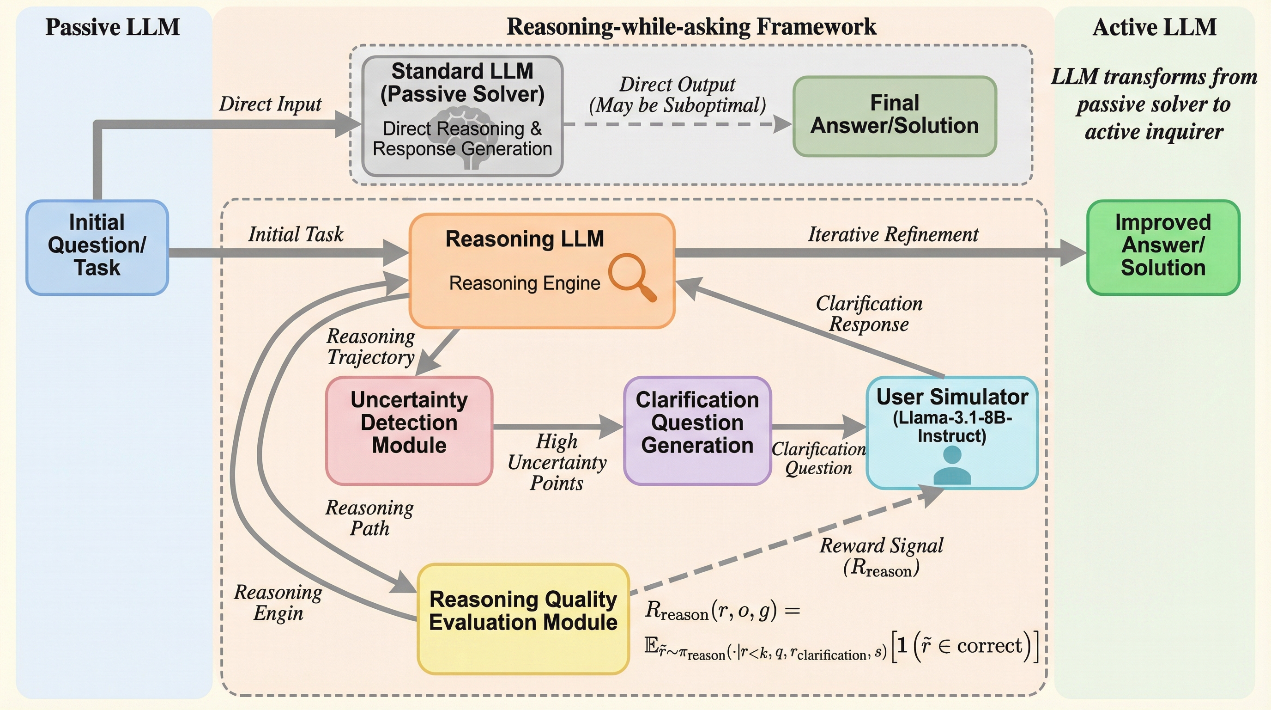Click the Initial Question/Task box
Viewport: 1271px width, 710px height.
click(97, 247)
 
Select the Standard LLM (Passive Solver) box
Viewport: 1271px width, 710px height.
click(462, 116)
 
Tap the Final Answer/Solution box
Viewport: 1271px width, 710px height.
click(894, 116)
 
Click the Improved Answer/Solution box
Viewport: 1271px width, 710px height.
click(1163, 247)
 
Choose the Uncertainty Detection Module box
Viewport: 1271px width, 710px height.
click(409, 430)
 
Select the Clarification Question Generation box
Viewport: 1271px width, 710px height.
click(697, 430)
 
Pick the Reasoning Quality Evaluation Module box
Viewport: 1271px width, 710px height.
click(523, 618)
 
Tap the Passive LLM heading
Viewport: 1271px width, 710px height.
click(113, 27)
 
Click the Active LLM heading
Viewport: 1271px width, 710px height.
click(1154, 27)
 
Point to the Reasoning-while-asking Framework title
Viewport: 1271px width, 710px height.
click(691, 27)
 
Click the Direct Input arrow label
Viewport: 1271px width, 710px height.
click(270, 104)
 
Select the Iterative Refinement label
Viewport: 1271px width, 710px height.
click(893, 234)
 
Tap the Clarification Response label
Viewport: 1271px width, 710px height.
click(869, 313)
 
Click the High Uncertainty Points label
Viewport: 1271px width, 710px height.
click(557, 462)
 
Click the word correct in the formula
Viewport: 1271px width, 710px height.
click(989, 645)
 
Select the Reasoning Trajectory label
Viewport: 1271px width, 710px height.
click(370, 347)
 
